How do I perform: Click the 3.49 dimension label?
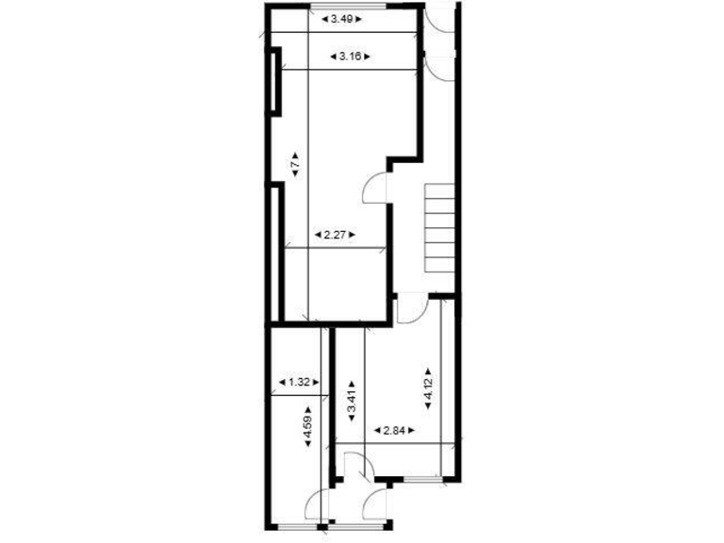coord(340,18)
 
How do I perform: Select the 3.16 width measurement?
coord(350,57)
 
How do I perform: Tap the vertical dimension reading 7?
coord(295,164)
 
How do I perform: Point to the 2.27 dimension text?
coord(332,234)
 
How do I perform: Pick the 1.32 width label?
coord(299,382)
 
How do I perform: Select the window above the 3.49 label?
coord(363,7)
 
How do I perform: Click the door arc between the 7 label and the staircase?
coord(376,189)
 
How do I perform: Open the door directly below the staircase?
coord(411,307)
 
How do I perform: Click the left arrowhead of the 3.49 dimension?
coord(323,18)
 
